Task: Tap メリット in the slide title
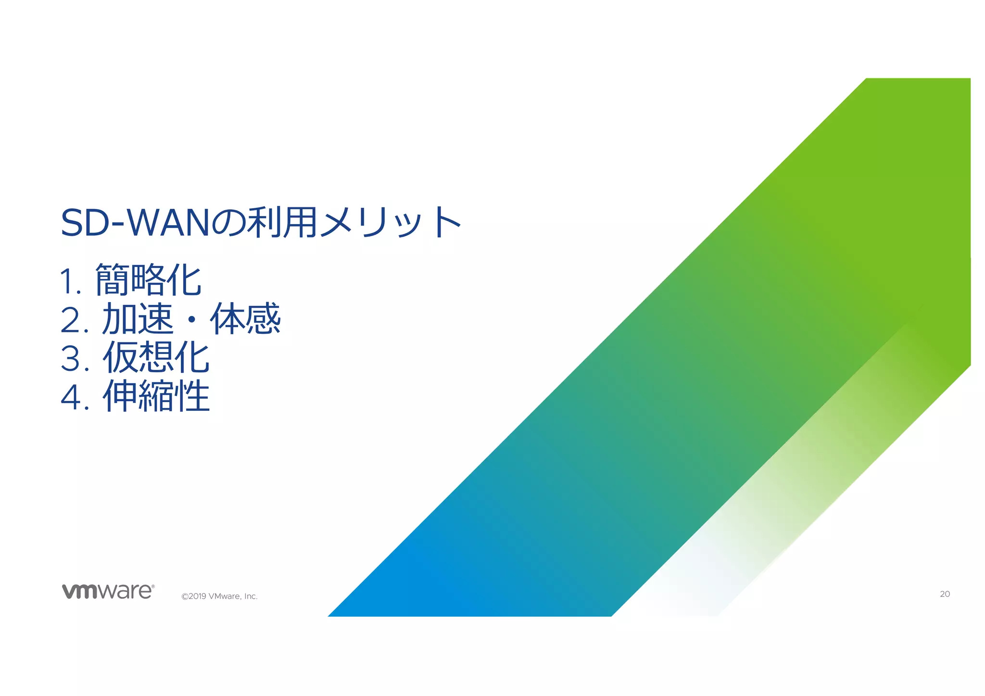(x=390, y=223)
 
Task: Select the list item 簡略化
(x=148, y=280)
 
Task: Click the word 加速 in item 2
(x=138, y=319)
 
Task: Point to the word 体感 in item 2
(x=245, y=319)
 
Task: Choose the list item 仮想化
(x=156, y=358)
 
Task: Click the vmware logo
(x=108, y=591)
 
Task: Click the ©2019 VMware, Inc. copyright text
(x=219, y=596)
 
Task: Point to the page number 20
(x=945, y=594)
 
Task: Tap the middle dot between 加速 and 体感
(x=191, y=319)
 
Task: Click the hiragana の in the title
(x=228, y=224)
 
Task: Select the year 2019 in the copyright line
(x=198, y=596)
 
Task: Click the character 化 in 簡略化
(x=184, y=280)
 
